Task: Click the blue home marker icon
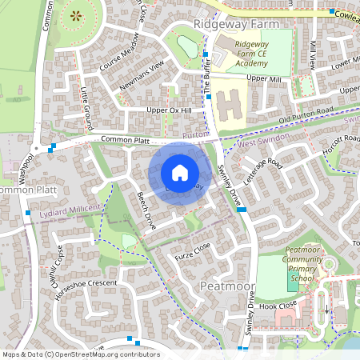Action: (x=180, y=172)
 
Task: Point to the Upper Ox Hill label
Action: (x=170, y=110)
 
